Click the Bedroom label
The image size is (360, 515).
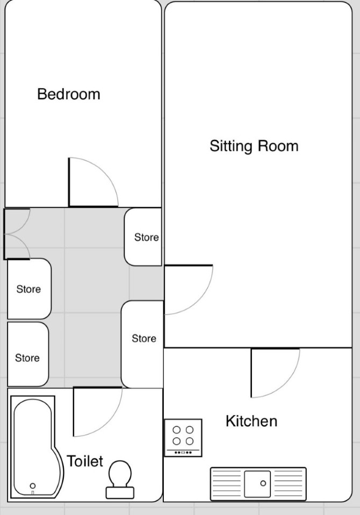(69, 94)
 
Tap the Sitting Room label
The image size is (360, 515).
(254, 146)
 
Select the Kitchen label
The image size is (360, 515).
(251, 421)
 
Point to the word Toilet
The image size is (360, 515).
(85, 461)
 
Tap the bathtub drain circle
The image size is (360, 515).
(33, 486)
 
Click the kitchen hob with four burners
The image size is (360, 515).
(183, 438)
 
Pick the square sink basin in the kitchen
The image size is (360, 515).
(258, 484)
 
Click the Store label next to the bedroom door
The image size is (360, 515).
(146, 237)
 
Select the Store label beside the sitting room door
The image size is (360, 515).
(144, 338)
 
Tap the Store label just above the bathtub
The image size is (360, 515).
(27, 358)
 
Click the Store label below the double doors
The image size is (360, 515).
(28, 289)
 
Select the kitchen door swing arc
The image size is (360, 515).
(285, 383)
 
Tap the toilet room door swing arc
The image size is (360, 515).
(108, 423)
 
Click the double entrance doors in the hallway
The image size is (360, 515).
(17, 234)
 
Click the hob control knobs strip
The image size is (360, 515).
(183, 453)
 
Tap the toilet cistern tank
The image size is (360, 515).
(120, 492)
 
